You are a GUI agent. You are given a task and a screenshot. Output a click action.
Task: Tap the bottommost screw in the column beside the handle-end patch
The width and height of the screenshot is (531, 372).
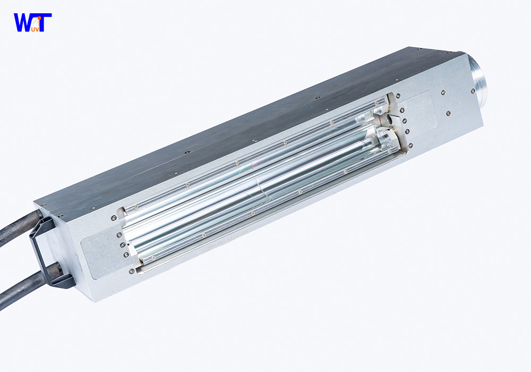(x=131, y=271)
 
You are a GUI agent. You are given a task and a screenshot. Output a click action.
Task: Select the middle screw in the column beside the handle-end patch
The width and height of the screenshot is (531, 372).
(x=123, y=244)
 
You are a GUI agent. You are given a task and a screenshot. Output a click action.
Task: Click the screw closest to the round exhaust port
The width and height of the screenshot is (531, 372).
(x=472, y=91)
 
